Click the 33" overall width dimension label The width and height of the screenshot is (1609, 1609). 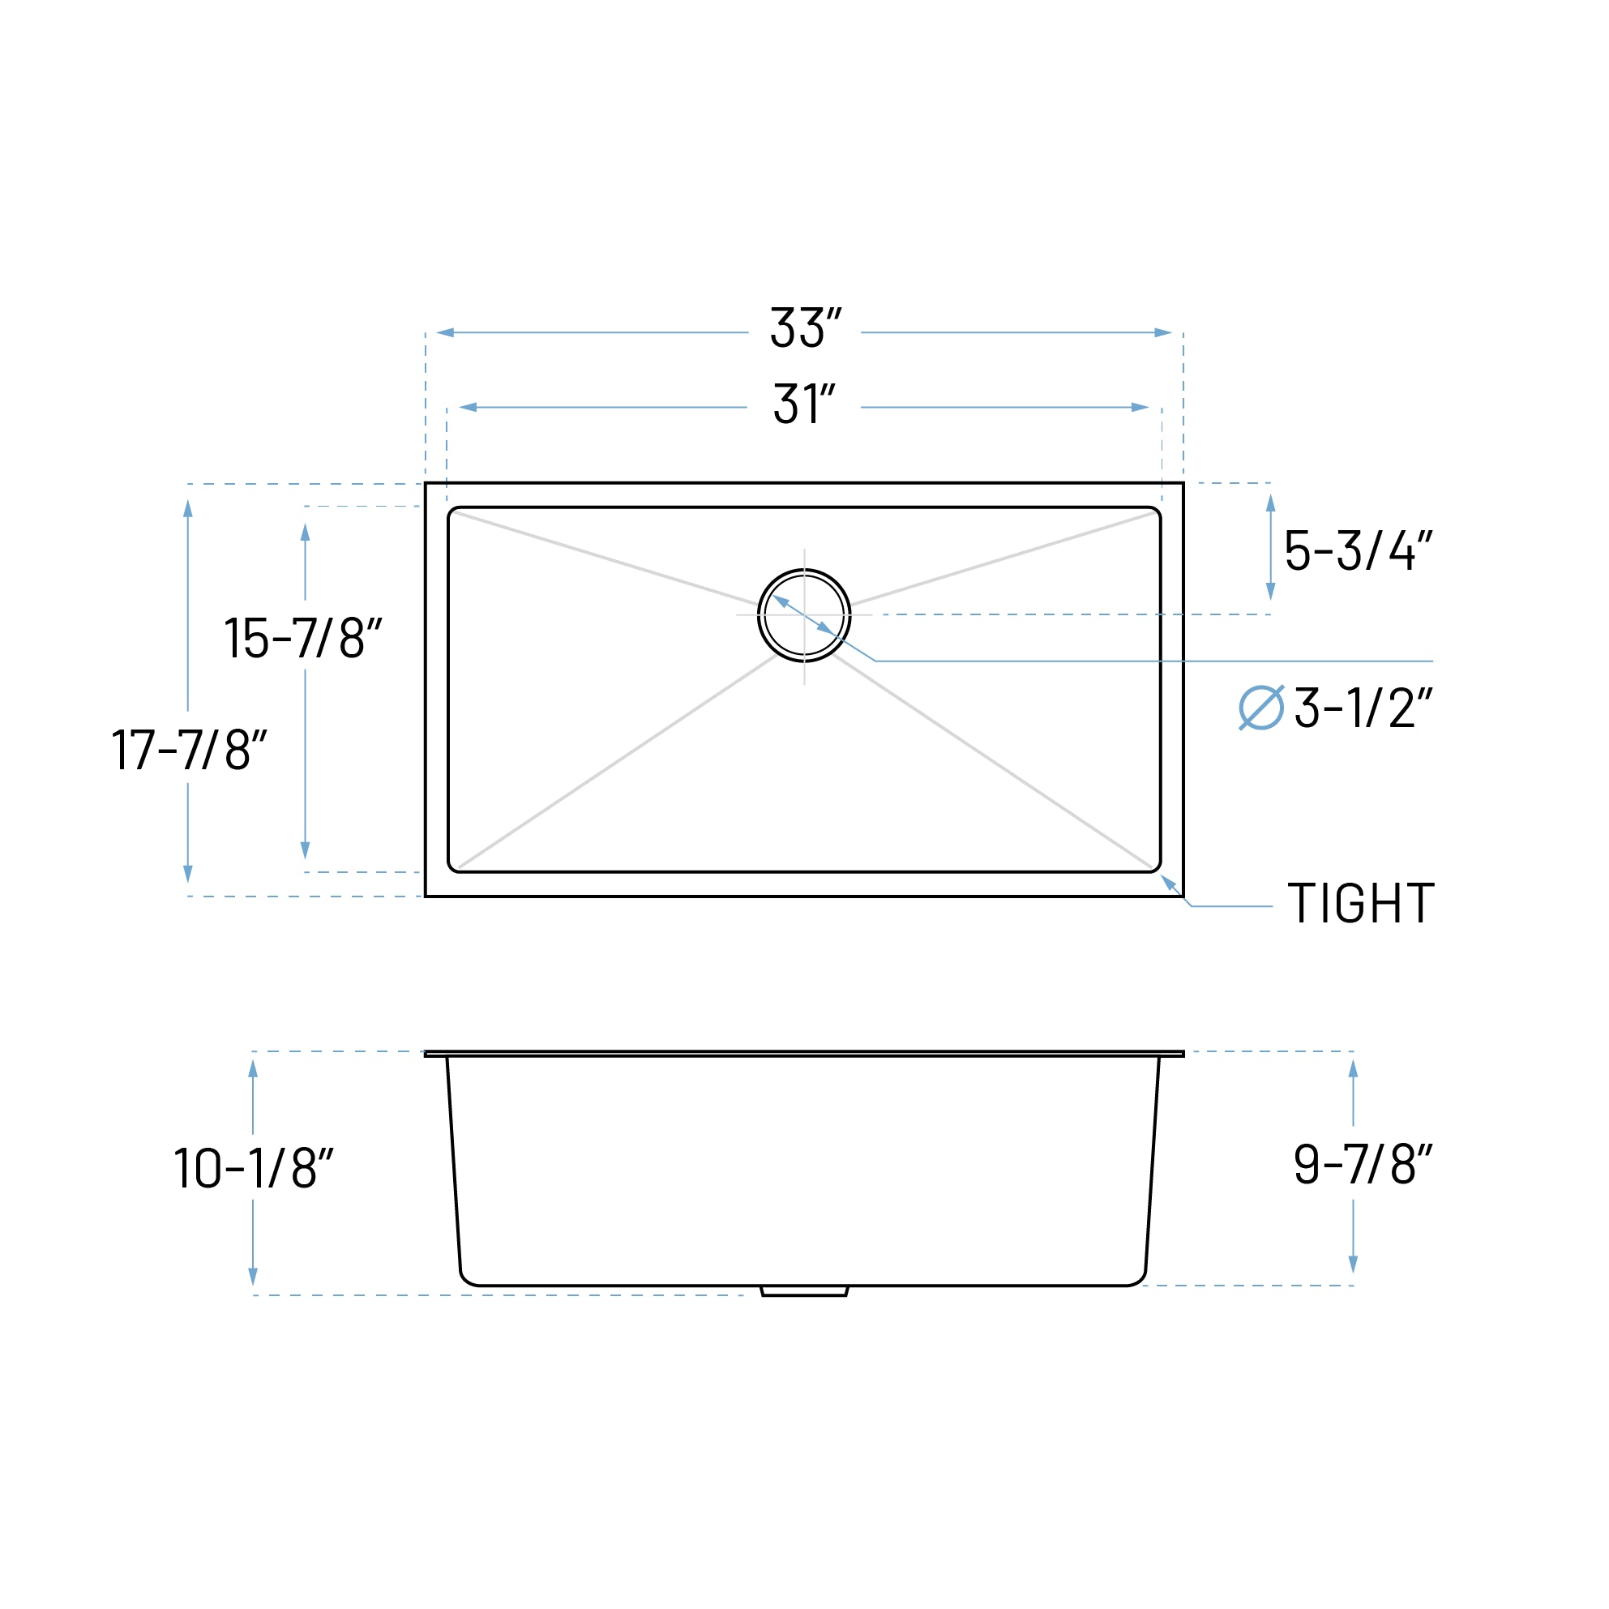[804, 327]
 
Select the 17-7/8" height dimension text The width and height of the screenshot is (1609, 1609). [189, 749]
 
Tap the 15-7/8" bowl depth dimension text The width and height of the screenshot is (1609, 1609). [303, 638]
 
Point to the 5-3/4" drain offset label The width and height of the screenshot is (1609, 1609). [1358, 550]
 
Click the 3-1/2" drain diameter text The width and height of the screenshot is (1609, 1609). [1363, 708]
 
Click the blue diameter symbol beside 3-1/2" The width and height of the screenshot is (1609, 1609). [1261, 708]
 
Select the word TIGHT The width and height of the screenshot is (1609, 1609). [1361, 904]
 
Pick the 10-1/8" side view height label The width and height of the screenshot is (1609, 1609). [253, 1167]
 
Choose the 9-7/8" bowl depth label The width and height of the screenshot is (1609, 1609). [1363, 1163]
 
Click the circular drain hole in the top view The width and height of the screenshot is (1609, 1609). [804, 615]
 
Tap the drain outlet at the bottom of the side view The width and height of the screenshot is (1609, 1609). [804, 1292]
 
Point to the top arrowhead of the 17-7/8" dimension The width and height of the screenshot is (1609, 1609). [188, 508]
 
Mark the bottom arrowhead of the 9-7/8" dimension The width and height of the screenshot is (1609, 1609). [1354, 1265]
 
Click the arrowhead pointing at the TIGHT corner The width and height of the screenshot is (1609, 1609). [1167, 881]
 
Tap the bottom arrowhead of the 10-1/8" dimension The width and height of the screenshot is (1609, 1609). [253, 1276]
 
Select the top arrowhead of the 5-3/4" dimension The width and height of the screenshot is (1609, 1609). [1271, 503]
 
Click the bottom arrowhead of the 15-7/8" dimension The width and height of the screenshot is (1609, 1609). [305, 849]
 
